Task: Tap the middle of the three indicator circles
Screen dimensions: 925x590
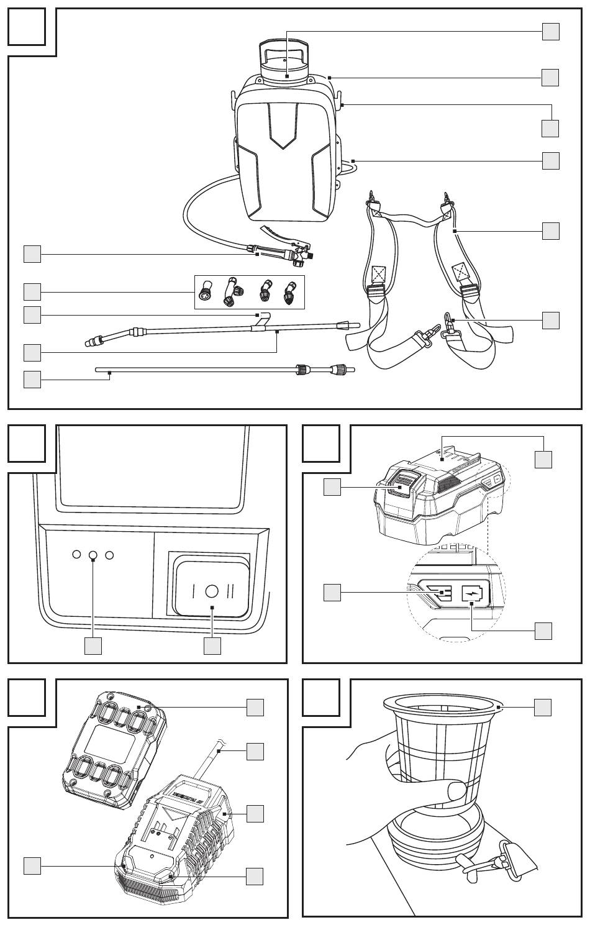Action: click(93, 555)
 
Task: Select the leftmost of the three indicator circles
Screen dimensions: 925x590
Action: click(76, 555)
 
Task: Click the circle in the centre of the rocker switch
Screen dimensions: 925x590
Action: click(212, 590)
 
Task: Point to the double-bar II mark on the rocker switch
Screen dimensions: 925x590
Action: click(230, 590)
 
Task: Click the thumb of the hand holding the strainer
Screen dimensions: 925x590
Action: click(455, 793)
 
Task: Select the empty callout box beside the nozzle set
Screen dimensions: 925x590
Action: click(32, 291)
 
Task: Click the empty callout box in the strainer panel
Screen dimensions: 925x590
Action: click(543, 707)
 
